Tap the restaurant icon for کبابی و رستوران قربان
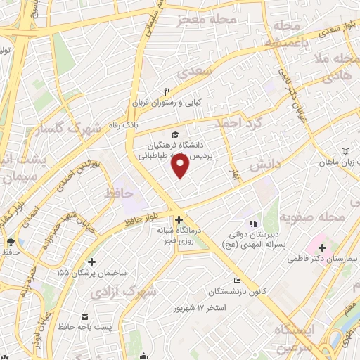[x=167, y=92]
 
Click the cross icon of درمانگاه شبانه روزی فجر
[x=179, y=219]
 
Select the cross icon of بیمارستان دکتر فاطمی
[x=322, y=247]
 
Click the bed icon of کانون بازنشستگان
[x=237, y=281]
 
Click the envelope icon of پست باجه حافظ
[x=85, y=315]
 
